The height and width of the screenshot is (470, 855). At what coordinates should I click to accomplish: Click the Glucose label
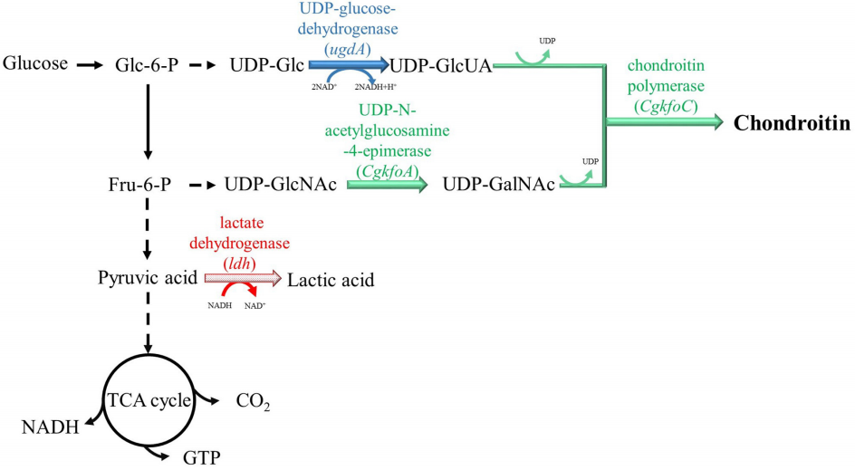pyautogui.click(x=35, y=64)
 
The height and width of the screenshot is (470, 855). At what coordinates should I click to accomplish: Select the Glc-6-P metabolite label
pyautogui.click(x=145, y=65)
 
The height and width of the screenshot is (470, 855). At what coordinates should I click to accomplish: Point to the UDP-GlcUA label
pyautogui.click(x=440, y=65)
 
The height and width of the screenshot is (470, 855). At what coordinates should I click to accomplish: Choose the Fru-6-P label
pyautogui.click(x=138, y=186)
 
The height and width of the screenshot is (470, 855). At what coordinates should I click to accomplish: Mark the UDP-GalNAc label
pyautogui.click(x=499, y=186)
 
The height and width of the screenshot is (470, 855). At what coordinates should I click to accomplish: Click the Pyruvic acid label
pyautogui.click(x=147, y=277)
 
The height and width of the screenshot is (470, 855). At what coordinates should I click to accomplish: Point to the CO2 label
pyautogui.click(x=253, y=400)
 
